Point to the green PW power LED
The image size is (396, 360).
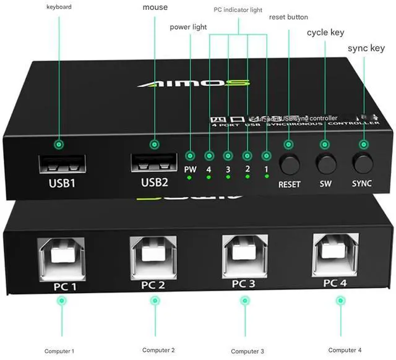190,178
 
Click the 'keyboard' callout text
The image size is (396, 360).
59,7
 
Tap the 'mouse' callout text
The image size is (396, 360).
155,7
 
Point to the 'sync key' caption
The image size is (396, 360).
366,48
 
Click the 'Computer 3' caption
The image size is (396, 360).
247,351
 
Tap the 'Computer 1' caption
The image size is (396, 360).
59,351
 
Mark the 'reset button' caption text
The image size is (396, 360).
288,17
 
